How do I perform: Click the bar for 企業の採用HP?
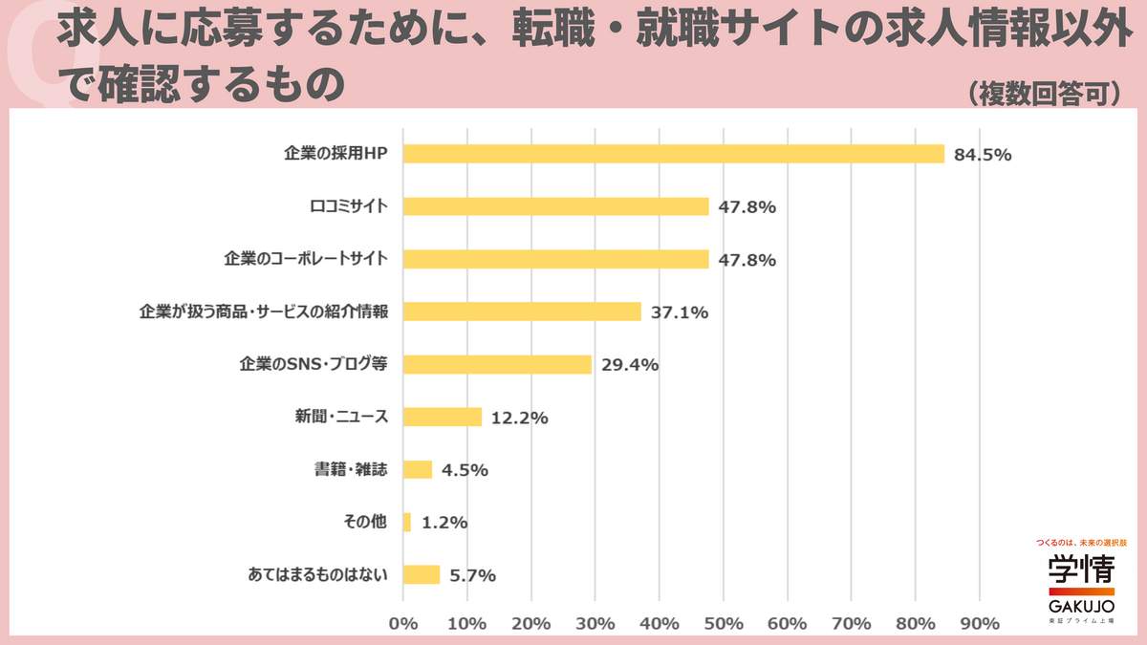pos(674,154)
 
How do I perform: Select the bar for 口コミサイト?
pos(556,206)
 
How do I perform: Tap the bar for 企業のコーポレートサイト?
pos(556,259)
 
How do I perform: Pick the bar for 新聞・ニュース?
pos(443,417)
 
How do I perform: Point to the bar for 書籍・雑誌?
pos(418,469)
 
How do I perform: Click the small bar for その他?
pos(407,522)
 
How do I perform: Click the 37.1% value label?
pos(680,312)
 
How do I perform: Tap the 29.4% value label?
pos(630,365)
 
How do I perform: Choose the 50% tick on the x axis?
pos(724,623)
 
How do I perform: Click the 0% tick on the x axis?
pos(403,623)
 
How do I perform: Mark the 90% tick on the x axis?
pos(979,623)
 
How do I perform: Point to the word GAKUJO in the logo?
pos(1080,606)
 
